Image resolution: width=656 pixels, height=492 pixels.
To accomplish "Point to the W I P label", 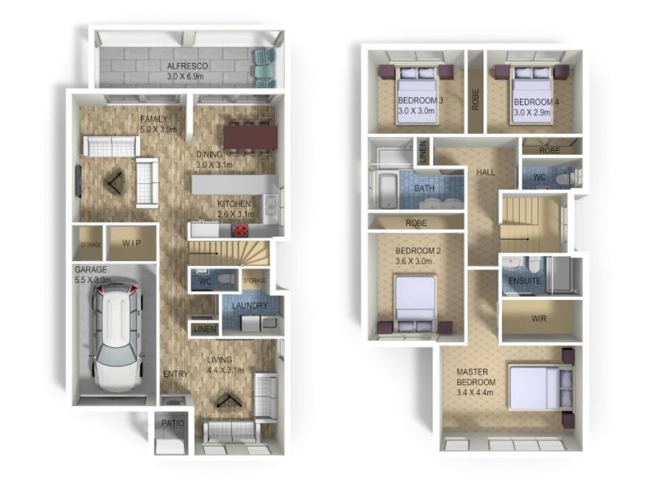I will tap(133, 243).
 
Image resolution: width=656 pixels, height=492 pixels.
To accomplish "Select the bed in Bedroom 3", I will tap(418, 95).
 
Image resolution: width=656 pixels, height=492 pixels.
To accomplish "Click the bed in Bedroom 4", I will tap(534, 95).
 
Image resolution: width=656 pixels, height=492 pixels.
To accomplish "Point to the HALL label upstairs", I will tap(485, 172).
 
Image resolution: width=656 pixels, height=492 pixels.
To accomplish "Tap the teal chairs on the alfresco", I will tap(264, 66).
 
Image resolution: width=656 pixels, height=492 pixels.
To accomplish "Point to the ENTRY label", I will tap(175, 374).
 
